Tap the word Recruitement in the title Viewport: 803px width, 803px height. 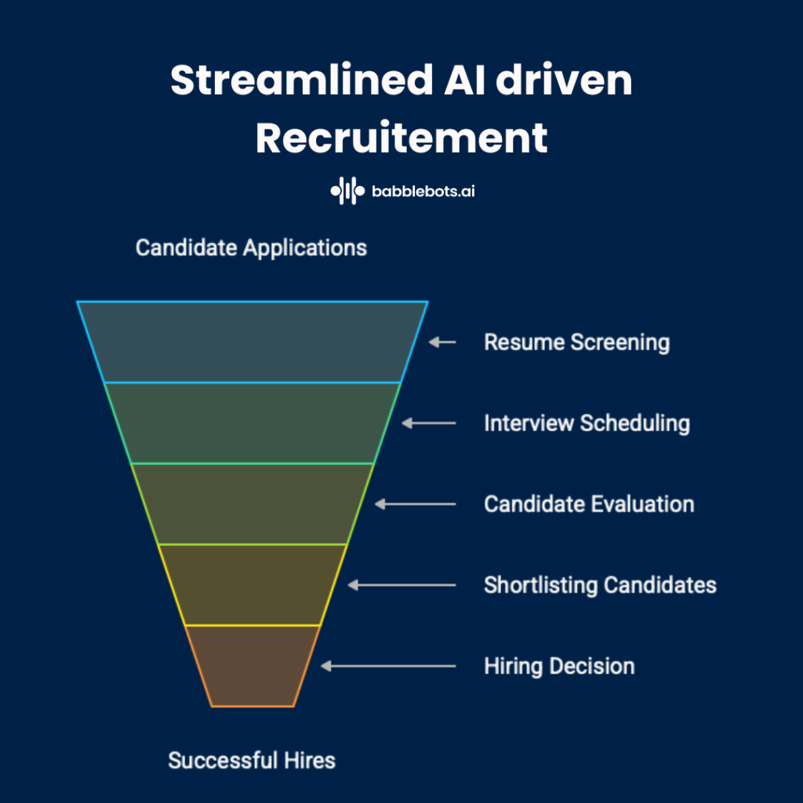coord(401,138)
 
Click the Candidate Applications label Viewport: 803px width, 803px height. coord(251,248)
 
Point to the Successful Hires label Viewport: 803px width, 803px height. coord(252,760)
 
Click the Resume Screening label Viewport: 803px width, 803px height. coord(576,343)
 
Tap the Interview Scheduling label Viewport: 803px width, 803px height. coord(587,423)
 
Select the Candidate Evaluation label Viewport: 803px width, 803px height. coord(589,503)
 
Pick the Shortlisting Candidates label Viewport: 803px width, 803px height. coord(600,585)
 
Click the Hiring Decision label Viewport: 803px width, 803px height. coord(559,667)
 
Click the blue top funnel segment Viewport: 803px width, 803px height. coord(253,342)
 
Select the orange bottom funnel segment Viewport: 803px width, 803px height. coord(253,665)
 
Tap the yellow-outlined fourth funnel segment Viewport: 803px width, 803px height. coord(253,584)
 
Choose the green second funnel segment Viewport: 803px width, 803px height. coord(253,423)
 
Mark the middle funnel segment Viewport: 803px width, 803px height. coord(253,503)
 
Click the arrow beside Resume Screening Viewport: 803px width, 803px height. coord(442,343)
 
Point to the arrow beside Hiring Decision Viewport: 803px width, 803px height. coord(388,667)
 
